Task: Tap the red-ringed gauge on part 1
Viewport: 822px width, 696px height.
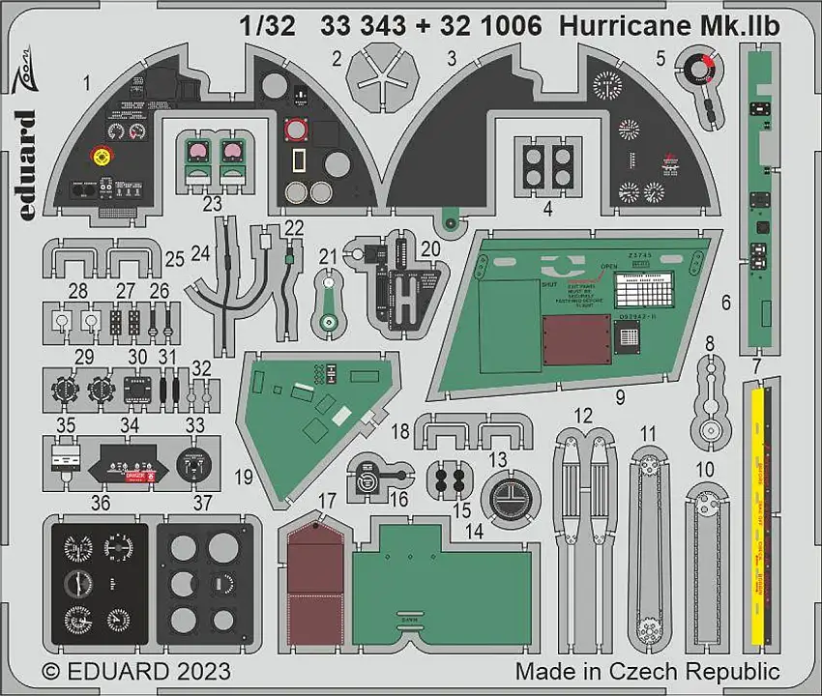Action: pyautogui.click(x=295, y=128)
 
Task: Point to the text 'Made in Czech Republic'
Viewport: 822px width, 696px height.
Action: pyautogui.click(x=646, y=672)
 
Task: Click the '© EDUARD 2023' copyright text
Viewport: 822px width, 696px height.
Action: pyautogui.click(x=136, y=672)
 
